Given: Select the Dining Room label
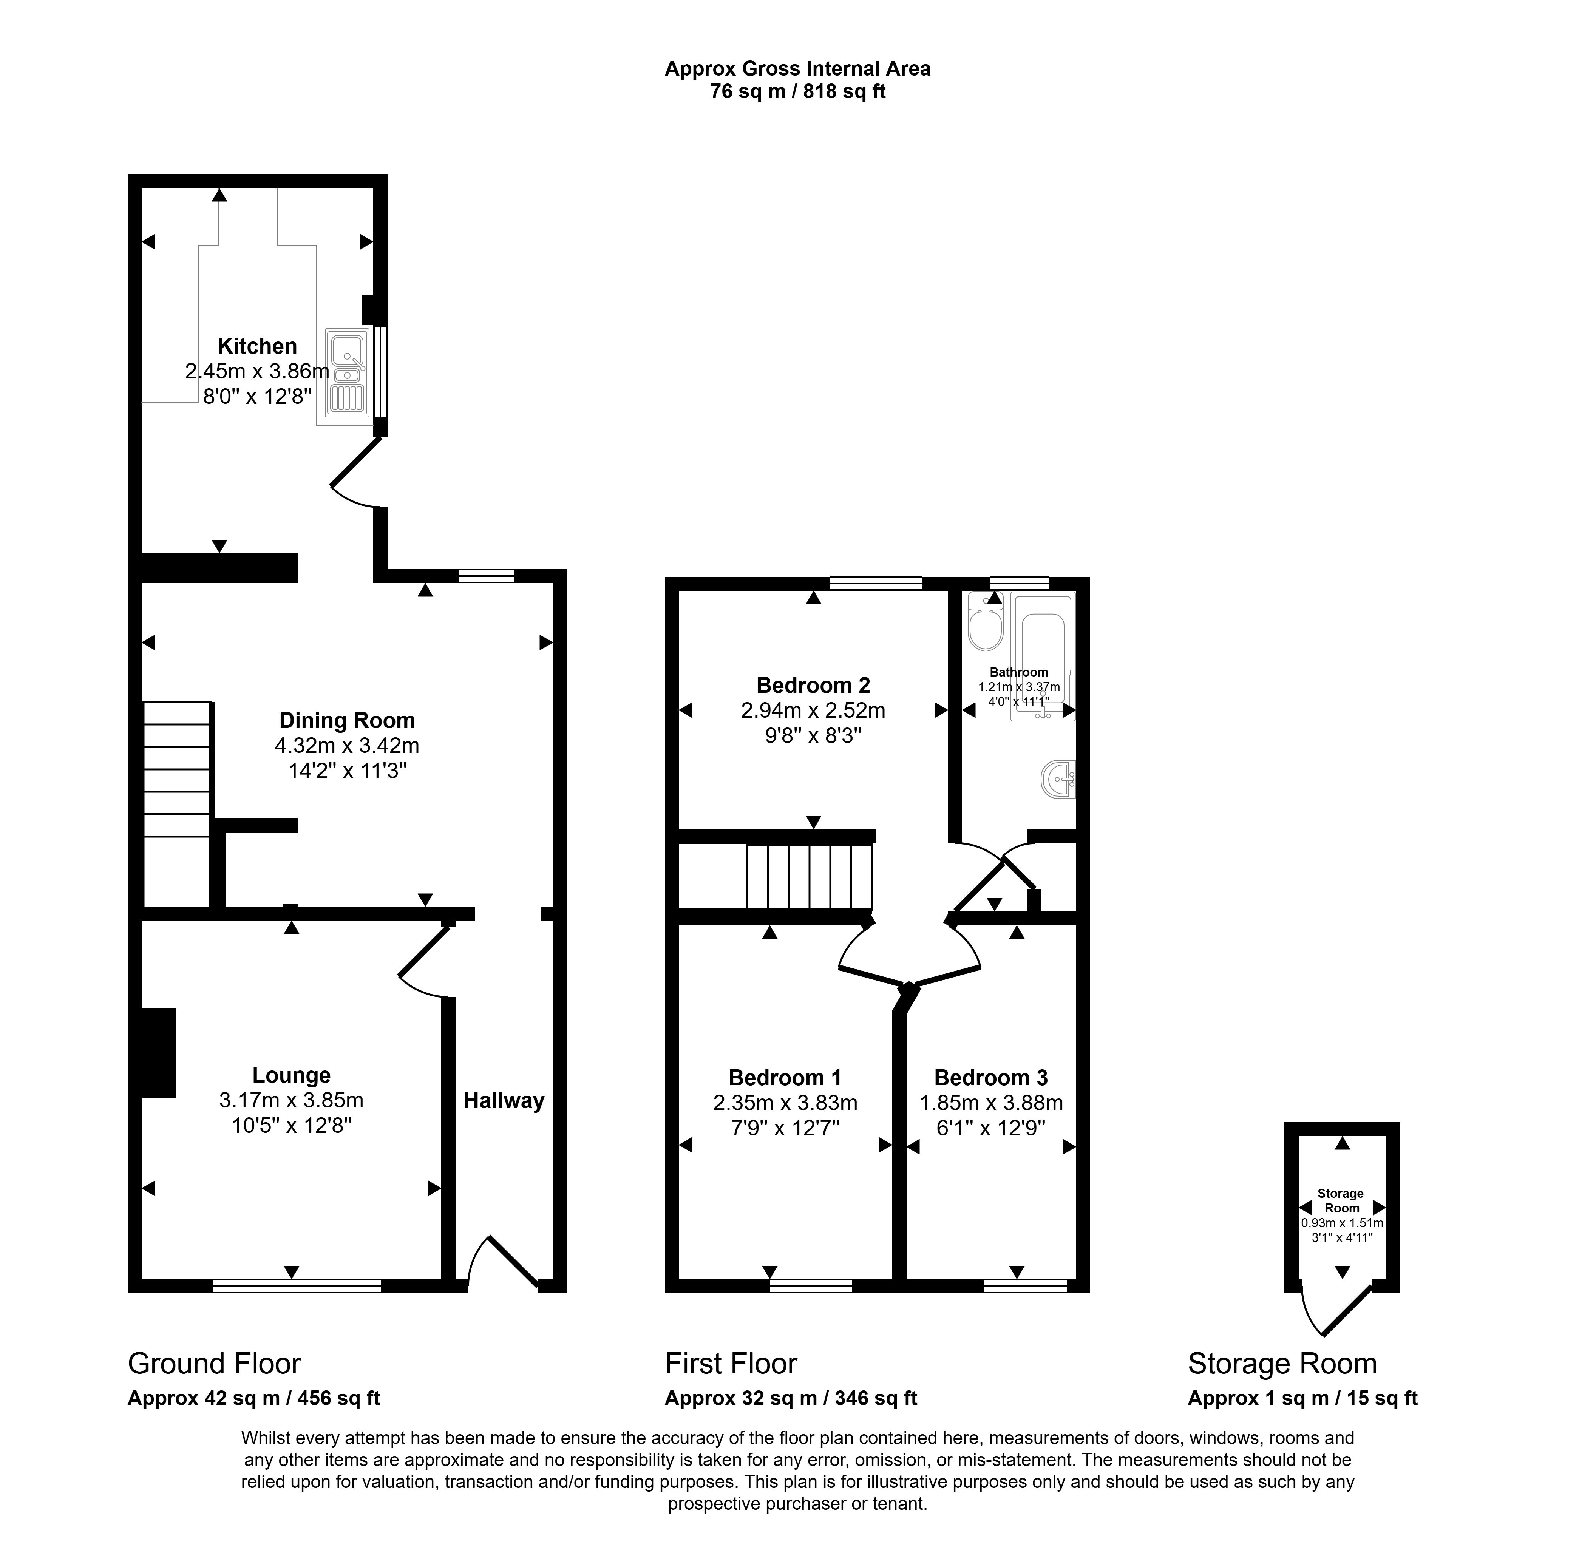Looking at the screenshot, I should click(x=347, y=720).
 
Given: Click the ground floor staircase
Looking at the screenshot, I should click(x=177, y=769).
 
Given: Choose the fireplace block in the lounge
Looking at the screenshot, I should click(x=158, y=1053).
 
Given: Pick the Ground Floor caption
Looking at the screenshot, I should click(x=214, y=1363).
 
